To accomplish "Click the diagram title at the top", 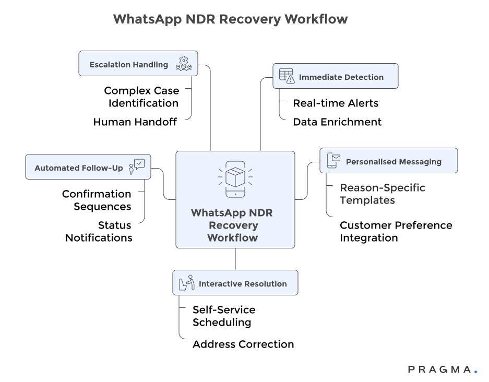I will (x=230, y=19).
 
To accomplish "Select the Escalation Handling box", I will (x=138, y=64).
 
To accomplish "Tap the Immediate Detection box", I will (x=335, y=76).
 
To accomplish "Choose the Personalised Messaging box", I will (x=388, y=161).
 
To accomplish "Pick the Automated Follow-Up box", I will (x=88, y=167).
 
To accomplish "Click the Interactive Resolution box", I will (x=235, y=283).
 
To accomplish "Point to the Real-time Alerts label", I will (x=336, y=103).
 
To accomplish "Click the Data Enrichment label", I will (x=337, y=122).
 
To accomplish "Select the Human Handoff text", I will (x=135, y=122).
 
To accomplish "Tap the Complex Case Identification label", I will (x=141, y=97).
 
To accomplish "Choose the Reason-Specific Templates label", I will (x=382, y=194).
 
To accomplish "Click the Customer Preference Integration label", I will (x=396, y=231).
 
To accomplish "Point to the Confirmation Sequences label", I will (x=97, y=200).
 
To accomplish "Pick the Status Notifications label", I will (x=99, y=231).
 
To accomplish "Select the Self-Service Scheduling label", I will (x=224, y=316).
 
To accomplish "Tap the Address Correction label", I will (x=243, y=344).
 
